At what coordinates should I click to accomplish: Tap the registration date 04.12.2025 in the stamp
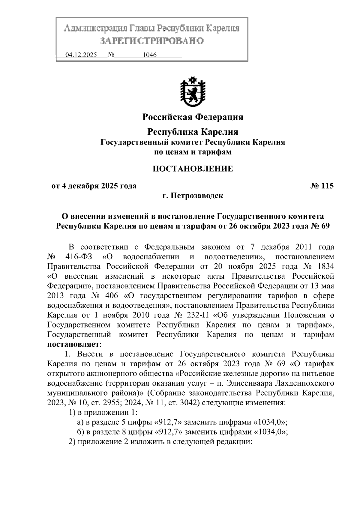click(x=81, y=55)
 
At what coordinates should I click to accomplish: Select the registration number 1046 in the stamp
click(x=150, y=55)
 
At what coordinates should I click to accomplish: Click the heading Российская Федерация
click(x=193, y=117)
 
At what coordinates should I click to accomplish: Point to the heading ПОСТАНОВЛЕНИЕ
click(x=193, y=169)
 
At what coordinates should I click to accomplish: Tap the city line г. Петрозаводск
click(x=193, y=196)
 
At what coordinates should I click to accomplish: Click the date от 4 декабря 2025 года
click(x=94, y=186)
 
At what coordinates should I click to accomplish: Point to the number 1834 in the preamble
click(x=325, y=267)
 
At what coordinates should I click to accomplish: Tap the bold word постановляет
click(x=73, y=345)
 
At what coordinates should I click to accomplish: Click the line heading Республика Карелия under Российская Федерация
click(x=193, y=132)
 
